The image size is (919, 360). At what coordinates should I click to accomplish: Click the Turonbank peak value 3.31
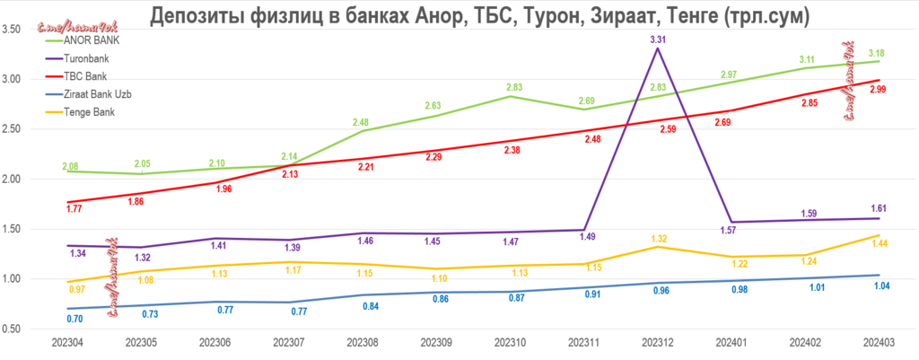658,40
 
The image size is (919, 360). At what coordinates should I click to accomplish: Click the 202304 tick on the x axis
67,344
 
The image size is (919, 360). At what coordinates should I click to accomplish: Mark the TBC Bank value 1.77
74,209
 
